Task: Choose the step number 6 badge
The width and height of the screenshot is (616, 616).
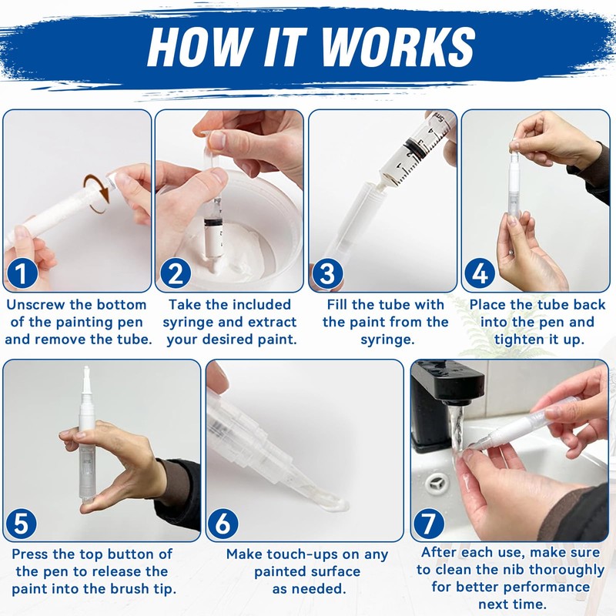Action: [223, 524]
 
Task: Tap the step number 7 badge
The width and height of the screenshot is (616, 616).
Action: [428, 524]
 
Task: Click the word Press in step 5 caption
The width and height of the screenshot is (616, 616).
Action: [33, 554]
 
